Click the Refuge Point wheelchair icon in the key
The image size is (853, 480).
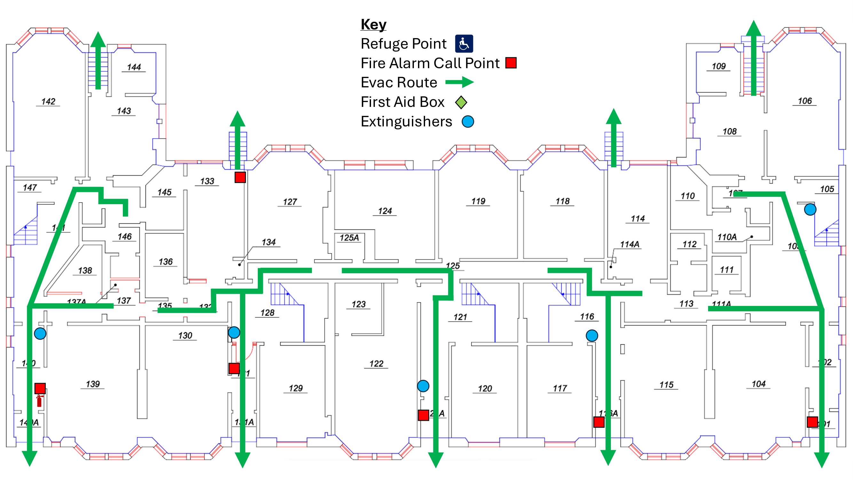point(463,44)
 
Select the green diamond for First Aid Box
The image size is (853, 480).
point(461,102)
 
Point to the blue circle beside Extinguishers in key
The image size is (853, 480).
point(468,122)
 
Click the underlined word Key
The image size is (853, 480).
point(373,25)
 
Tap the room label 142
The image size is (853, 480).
point(48,101)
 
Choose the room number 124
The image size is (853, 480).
point(385,211)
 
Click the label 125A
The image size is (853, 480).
point(349,237)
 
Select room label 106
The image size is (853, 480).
point(804,101)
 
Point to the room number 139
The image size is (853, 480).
point(93,384)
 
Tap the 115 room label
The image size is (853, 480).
point(666,385)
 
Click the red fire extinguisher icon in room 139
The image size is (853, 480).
point(39,401)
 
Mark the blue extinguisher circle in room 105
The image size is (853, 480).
point(810,209)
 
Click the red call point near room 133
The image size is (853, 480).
point(240,177)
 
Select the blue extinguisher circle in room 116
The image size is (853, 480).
point(592,336)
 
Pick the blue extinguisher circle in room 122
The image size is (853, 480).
point(423,386)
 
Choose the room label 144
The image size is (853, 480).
point(134,67)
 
